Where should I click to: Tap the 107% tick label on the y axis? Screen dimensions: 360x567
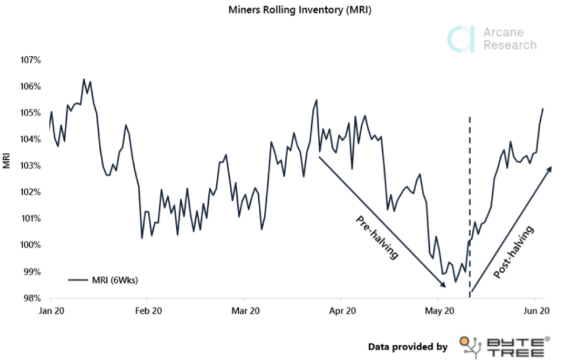click(x=31, y=59)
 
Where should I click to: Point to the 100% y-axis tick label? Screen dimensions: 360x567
click(x=31, y=245)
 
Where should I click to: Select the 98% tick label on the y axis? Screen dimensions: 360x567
click(x=31, y=298)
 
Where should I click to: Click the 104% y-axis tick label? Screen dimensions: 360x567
click(x=31, y=139)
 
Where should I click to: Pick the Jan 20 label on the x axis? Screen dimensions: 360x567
click(x=51, y=311)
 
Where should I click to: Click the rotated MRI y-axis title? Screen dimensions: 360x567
click(x=7, y=161)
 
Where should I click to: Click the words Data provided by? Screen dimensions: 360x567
click(x=408, y=346)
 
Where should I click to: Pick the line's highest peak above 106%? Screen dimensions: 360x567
click(x=84, y=79)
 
